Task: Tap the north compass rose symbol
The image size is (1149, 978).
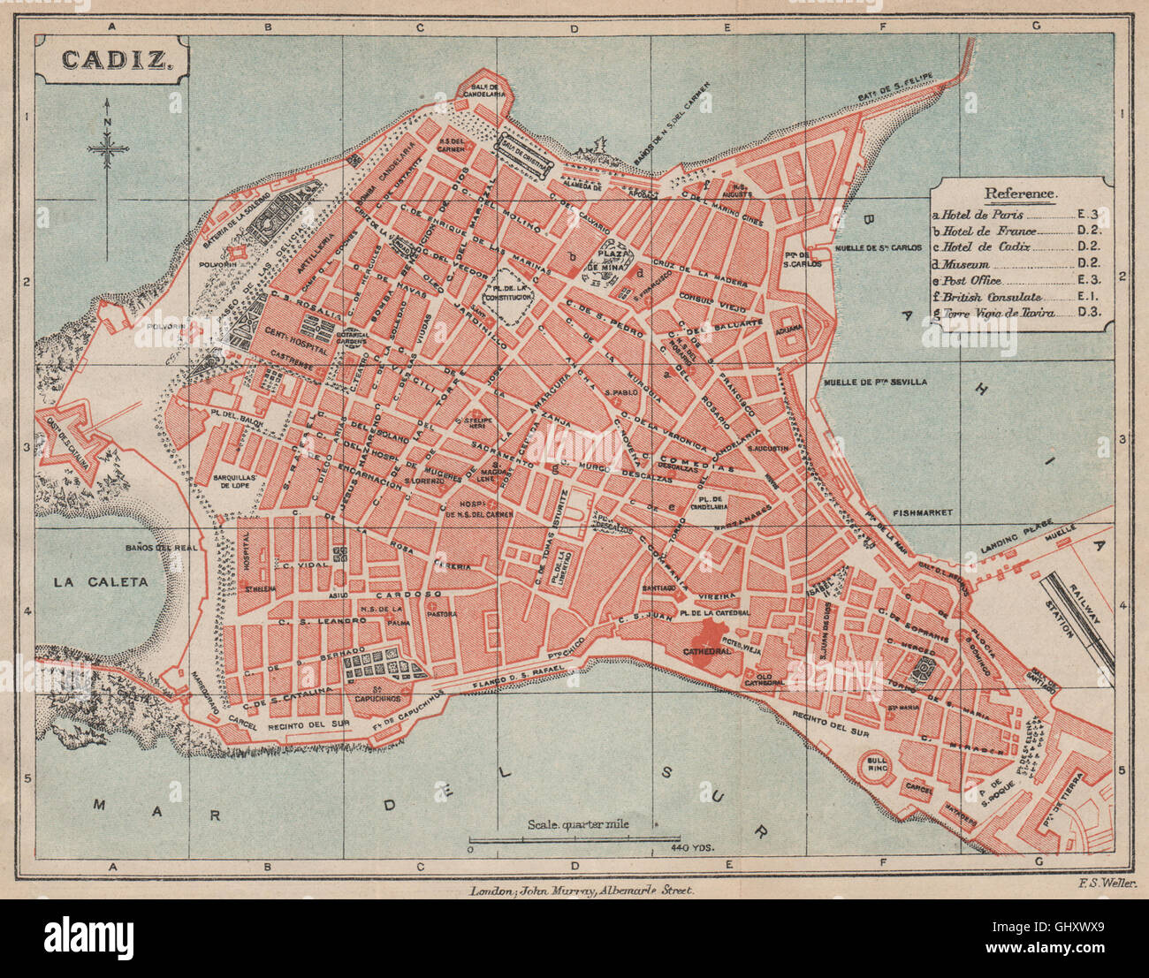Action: pos(107,150)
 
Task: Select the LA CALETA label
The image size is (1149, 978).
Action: pos(100,581)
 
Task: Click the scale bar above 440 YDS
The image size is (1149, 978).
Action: pos(574,837)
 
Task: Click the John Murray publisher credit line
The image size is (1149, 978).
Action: pos(583,891)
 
